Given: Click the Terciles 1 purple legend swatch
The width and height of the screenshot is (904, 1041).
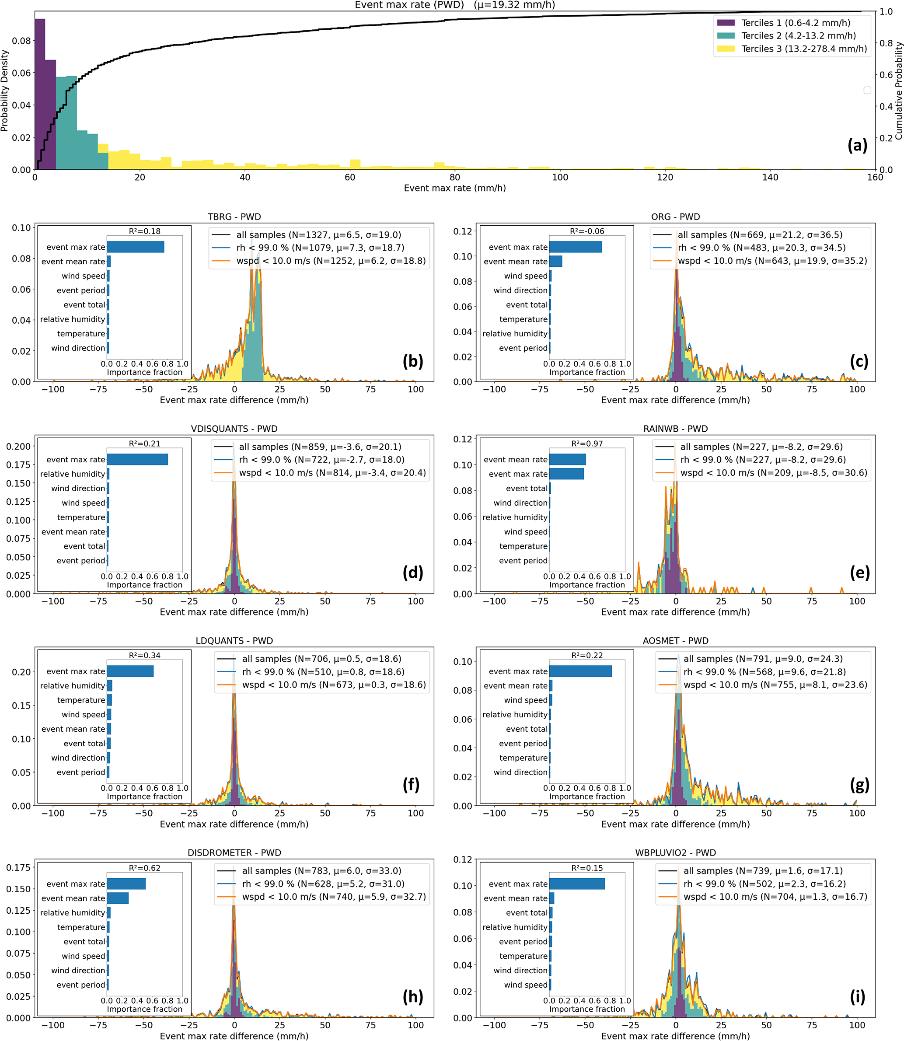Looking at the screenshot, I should coord(726,23).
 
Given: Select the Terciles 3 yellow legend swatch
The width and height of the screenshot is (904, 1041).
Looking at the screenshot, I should coord(726,49).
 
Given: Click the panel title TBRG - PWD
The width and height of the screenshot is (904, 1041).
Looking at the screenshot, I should coord(234,217).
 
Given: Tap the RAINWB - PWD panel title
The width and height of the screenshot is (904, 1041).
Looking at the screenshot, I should coord(675,429).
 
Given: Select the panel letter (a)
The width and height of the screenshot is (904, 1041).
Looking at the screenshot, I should coord(857,145).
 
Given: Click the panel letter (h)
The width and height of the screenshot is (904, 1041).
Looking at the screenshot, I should coord(413,996).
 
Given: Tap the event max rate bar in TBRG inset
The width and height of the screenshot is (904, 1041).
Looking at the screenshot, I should coord(135,247).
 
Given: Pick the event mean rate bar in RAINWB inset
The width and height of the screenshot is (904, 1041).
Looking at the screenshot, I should coord(568,459).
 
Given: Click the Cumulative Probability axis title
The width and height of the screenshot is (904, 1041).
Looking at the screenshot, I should coord(898,91).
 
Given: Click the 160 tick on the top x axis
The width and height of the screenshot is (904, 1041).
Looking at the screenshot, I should coord(875,177).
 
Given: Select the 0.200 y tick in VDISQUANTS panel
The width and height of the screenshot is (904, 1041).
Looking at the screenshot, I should coord(19,447).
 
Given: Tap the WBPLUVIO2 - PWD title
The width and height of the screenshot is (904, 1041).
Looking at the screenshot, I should coord(675,853).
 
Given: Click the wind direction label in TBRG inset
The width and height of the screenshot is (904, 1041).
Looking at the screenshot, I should coord(78,348).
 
